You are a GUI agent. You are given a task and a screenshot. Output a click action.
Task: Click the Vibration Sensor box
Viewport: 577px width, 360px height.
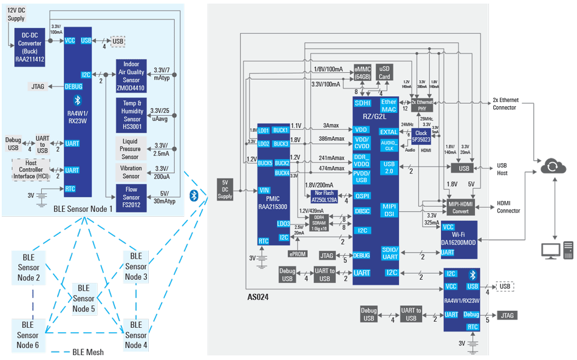click(131, 172)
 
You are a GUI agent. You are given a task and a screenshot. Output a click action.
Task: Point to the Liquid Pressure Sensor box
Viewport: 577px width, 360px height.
click(131, 149)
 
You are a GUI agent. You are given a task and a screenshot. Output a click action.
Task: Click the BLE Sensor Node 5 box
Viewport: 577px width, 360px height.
click(84, 298)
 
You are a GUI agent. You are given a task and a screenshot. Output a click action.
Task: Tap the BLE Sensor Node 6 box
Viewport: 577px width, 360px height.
click(28, 335)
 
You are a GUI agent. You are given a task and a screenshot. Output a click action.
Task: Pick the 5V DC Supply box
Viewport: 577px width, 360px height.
click(225, 189)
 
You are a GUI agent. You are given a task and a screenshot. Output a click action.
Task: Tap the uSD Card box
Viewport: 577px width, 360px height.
click(384, 73)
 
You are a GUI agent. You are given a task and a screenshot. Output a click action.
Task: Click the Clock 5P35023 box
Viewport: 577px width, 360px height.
click(421, 136)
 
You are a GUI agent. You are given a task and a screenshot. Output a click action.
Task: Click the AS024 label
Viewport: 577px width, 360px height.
click(258, 297)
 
